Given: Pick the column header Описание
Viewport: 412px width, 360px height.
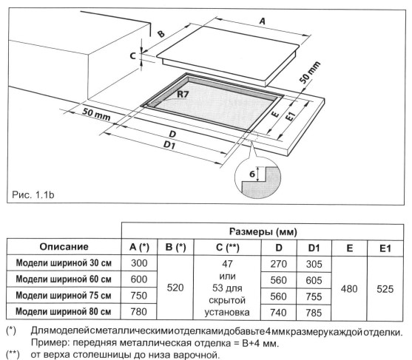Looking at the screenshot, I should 64,246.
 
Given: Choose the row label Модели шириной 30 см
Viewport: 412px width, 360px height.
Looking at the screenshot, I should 64,262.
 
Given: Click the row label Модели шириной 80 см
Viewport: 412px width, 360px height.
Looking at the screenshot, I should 64,311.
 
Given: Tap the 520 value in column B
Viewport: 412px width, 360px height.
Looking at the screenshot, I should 175,287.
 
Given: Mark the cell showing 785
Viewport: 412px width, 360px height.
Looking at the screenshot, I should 312,311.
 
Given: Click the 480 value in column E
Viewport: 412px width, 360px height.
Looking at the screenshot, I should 348,287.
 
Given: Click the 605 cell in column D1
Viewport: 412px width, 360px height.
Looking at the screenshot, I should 312,279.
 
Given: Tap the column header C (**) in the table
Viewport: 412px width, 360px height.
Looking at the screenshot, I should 226,246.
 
